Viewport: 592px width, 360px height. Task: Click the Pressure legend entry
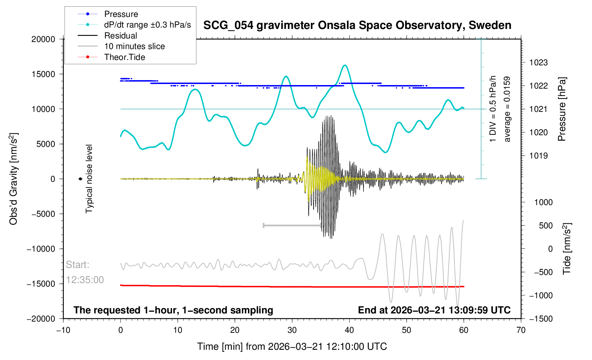pos(121,14)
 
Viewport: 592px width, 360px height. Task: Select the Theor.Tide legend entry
pos(124,57)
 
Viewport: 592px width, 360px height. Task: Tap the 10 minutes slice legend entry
pos(134,46)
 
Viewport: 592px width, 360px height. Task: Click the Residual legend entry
pos(120,36)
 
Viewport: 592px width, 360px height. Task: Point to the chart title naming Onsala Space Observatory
pos(357,25)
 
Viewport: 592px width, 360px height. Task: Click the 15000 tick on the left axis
pos(43,74)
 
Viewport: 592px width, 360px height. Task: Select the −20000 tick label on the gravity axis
pos(41,319)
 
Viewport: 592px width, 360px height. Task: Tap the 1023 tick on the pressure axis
pos(538,63)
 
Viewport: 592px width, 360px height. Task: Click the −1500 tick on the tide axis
pos(540,319)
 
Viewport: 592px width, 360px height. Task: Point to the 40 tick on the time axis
pos(349,330)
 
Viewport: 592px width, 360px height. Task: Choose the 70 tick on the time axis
pos(521,330)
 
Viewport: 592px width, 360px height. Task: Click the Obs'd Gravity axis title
pos(13,179)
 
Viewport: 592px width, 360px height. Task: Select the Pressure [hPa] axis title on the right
pos(562,109)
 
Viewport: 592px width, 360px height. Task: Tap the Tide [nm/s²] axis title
pos(567,249)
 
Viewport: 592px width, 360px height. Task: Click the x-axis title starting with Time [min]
pos(292,347)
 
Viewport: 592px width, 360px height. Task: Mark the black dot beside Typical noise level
pos(81,179)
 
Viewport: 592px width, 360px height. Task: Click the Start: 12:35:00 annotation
pos(85,272)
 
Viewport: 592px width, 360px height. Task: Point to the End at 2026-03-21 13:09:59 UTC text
pos(434,310)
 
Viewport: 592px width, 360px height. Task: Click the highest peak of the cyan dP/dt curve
pos(345,65)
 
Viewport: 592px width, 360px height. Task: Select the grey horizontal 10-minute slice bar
pos(292,225)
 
